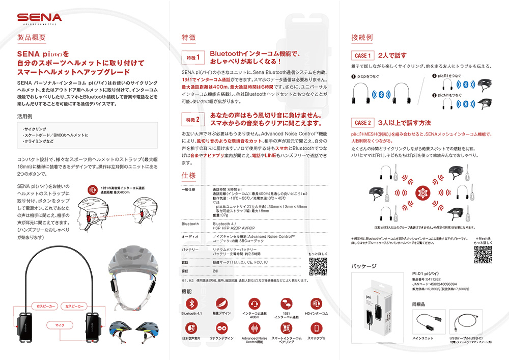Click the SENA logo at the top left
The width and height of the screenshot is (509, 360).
tap(39, 18)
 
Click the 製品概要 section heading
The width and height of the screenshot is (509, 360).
tap(32, 38)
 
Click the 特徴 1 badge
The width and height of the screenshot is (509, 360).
tap(194, 57)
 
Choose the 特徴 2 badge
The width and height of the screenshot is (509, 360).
tap(194, 120)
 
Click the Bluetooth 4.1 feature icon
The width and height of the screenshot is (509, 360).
tap(191, 303)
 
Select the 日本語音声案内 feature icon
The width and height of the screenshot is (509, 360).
tap(191, 328)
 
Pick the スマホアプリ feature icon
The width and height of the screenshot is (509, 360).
tap(316, 328)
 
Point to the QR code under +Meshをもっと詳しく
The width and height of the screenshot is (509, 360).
tap(483, 256)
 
